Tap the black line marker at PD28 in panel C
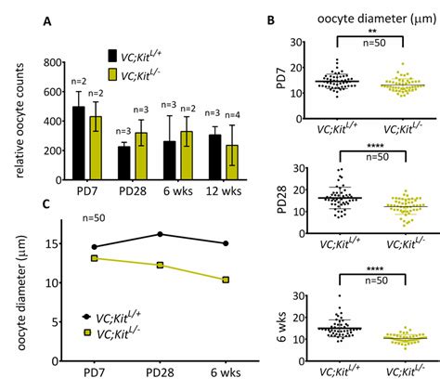click(161, 234)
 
